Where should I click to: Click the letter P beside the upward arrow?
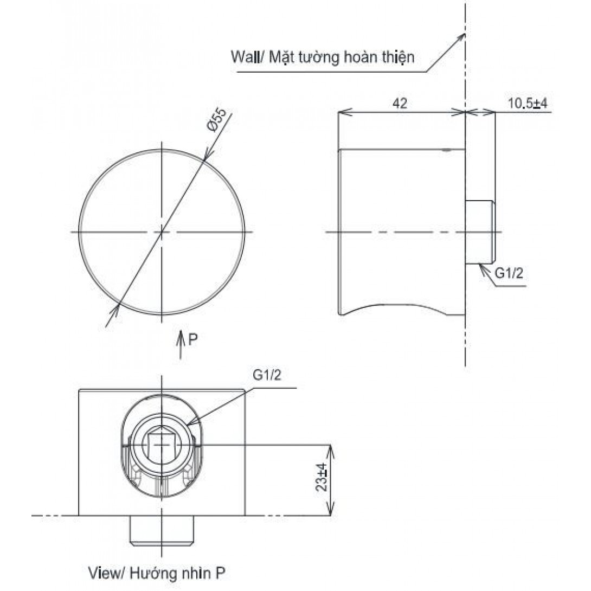point(192,340)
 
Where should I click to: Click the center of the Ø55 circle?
point(162,232)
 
